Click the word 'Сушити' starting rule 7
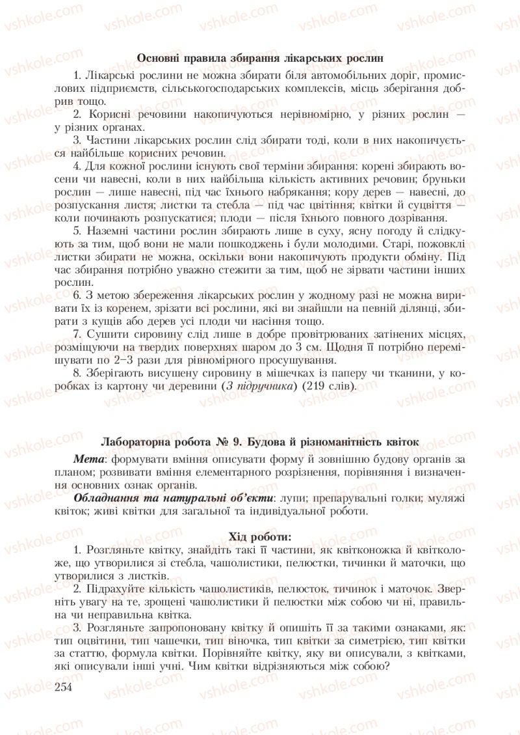[106, 333]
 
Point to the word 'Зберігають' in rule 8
[115, 372]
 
